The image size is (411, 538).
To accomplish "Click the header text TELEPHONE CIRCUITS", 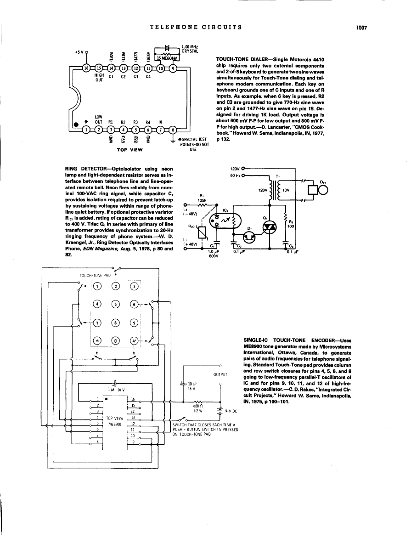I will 196,28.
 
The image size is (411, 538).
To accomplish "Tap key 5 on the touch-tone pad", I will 115,303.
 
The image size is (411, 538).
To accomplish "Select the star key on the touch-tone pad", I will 97,340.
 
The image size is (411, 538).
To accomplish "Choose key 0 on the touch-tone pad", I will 115,340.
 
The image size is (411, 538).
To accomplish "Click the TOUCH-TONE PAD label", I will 96,276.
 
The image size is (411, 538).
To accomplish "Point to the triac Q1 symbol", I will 269,227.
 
